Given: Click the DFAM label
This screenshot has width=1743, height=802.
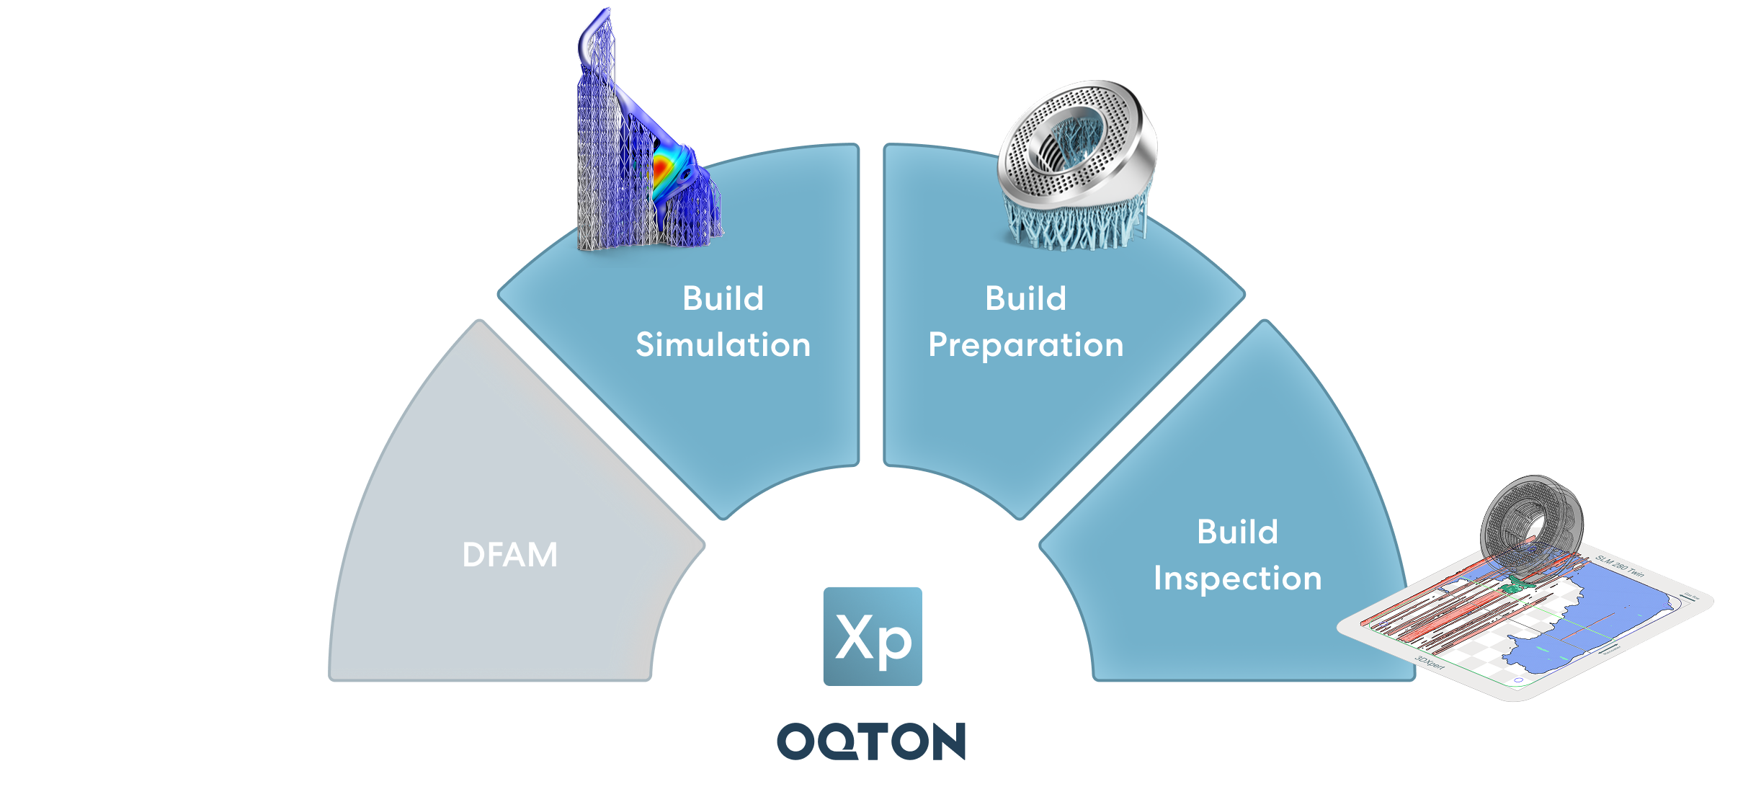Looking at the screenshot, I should point(509,555).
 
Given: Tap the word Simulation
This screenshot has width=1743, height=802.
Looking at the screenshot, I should point(723,345).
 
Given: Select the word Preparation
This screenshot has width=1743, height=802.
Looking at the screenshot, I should point(1025,345).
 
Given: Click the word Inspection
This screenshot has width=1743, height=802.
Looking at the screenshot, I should point(1237,579).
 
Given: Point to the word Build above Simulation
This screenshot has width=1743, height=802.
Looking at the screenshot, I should point(723,298).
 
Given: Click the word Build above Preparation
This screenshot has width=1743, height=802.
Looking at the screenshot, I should point(1025,298).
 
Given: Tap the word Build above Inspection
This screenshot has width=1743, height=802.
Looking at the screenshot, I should point(1237,533).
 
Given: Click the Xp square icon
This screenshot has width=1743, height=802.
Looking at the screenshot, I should point(872,636).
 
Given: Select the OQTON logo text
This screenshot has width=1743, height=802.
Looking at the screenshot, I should point(871,741).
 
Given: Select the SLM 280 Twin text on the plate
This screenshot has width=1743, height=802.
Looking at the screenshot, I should point(1619,566).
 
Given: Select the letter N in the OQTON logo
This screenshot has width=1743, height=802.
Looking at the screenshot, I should point(945,741).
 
